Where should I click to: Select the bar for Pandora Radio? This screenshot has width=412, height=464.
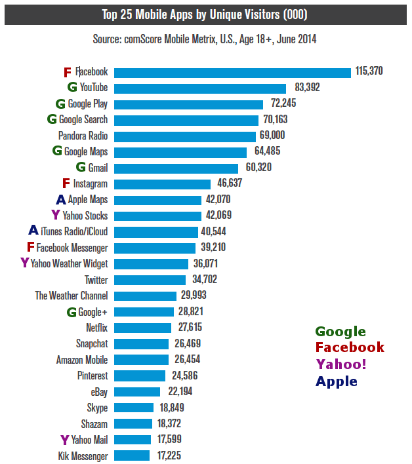[x=184, y=136]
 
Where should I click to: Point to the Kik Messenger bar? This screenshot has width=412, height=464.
[x=131, y=455]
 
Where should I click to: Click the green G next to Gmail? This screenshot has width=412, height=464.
[x=81, y=168]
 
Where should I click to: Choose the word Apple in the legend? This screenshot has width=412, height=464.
[x=337, y=381]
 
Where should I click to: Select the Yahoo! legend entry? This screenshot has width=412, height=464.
[x=341, y=365]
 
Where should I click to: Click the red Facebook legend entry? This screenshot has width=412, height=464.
[x=350, y=348]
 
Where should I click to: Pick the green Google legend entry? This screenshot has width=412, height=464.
[x=340, y=332]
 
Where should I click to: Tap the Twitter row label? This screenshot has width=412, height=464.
[x=96, y=280]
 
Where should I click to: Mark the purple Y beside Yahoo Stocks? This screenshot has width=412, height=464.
[x=55, y=216]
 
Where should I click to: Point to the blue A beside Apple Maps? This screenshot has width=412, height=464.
[x=61, y=199]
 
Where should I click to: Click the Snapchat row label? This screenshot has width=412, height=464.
[x=92, y=343]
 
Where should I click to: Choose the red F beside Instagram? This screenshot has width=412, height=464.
[x=66, y=184]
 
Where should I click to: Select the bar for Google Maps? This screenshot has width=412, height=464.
[x=180, y=152]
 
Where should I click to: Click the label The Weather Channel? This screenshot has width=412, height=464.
[x=71, y=296]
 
